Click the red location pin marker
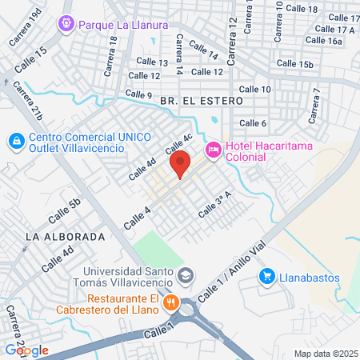tap(180, 165)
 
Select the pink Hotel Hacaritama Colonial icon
tap(214, 150)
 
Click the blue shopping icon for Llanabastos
tap(267, 276)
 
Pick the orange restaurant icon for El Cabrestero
tap(170, 304)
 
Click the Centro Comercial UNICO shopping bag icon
tap(15, 142)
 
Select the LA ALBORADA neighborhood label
tap(66, 237)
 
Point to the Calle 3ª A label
tap(214, 205)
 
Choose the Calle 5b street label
tap(65, 210)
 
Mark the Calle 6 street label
tap(253, 122)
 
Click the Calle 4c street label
tap(179, 145)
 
